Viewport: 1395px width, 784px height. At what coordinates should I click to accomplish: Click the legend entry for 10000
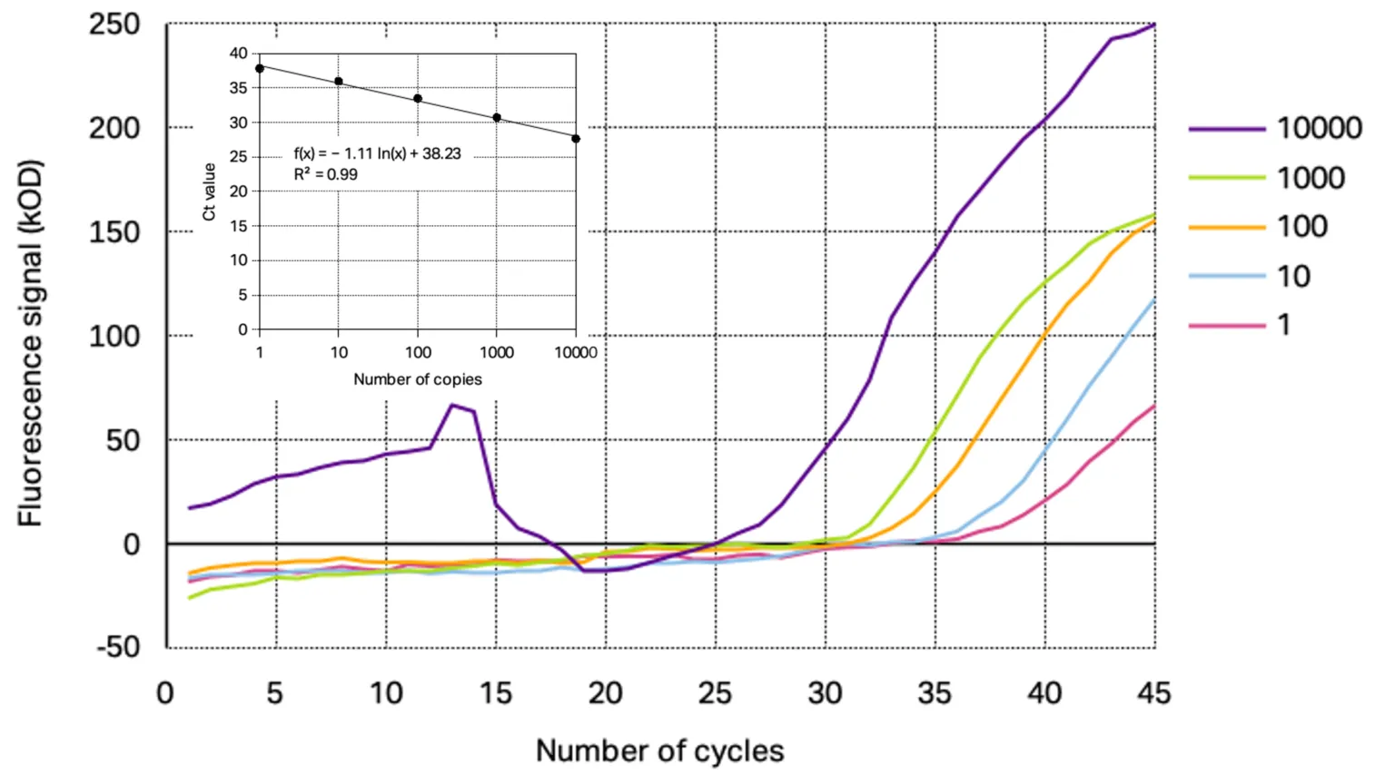[x=1319, y=129]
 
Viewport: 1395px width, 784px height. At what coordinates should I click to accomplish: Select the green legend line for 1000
[x=1226, y=178]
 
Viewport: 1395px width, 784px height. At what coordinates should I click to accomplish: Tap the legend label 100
[x=1302, y=227]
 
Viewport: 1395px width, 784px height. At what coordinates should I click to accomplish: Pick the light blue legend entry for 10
[x=1226, y=276]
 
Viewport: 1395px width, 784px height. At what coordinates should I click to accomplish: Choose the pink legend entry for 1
[x=1226, y=325]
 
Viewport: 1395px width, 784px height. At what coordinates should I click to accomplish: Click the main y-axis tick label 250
[x=114, y=24]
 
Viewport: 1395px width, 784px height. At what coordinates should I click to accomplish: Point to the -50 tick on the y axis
[x=119, y=648]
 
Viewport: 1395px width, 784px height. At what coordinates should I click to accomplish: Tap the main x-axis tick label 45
[x=1153, y=694]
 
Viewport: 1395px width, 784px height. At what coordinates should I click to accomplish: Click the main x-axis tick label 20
[x=605, y=694]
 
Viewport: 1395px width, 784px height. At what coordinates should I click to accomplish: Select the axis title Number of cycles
[x=659, y=751]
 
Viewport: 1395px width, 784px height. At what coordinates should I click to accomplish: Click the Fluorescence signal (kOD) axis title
[x=30, y=343]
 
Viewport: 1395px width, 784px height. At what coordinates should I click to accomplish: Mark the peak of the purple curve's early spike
[x=452, y=406]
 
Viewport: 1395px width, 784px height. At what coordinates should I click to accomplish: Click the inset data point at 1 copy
[x=260, y=68]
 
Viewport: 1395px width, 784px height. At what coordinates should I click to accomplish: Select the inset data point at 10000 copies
[x=576, y=139]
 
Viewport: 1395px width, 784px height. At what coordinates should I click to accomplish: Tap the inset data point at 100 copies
[x=418, y=98]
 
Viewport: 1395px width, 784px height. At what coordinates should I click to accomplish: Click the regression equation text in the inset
[x=377, y=153]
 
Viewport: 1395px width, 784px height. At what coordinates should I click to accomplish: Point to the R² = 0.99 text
[x=325, y=174]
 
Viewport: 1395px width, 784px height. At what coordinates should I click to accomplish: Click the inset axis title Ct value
[x=210, y=191]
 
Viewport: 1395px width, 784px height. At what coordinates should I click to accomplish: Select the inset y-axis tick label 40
[x=238, y=54]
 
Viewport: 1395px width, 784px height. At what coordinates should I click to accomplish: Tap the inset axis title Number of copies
[x=417, y=379]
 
